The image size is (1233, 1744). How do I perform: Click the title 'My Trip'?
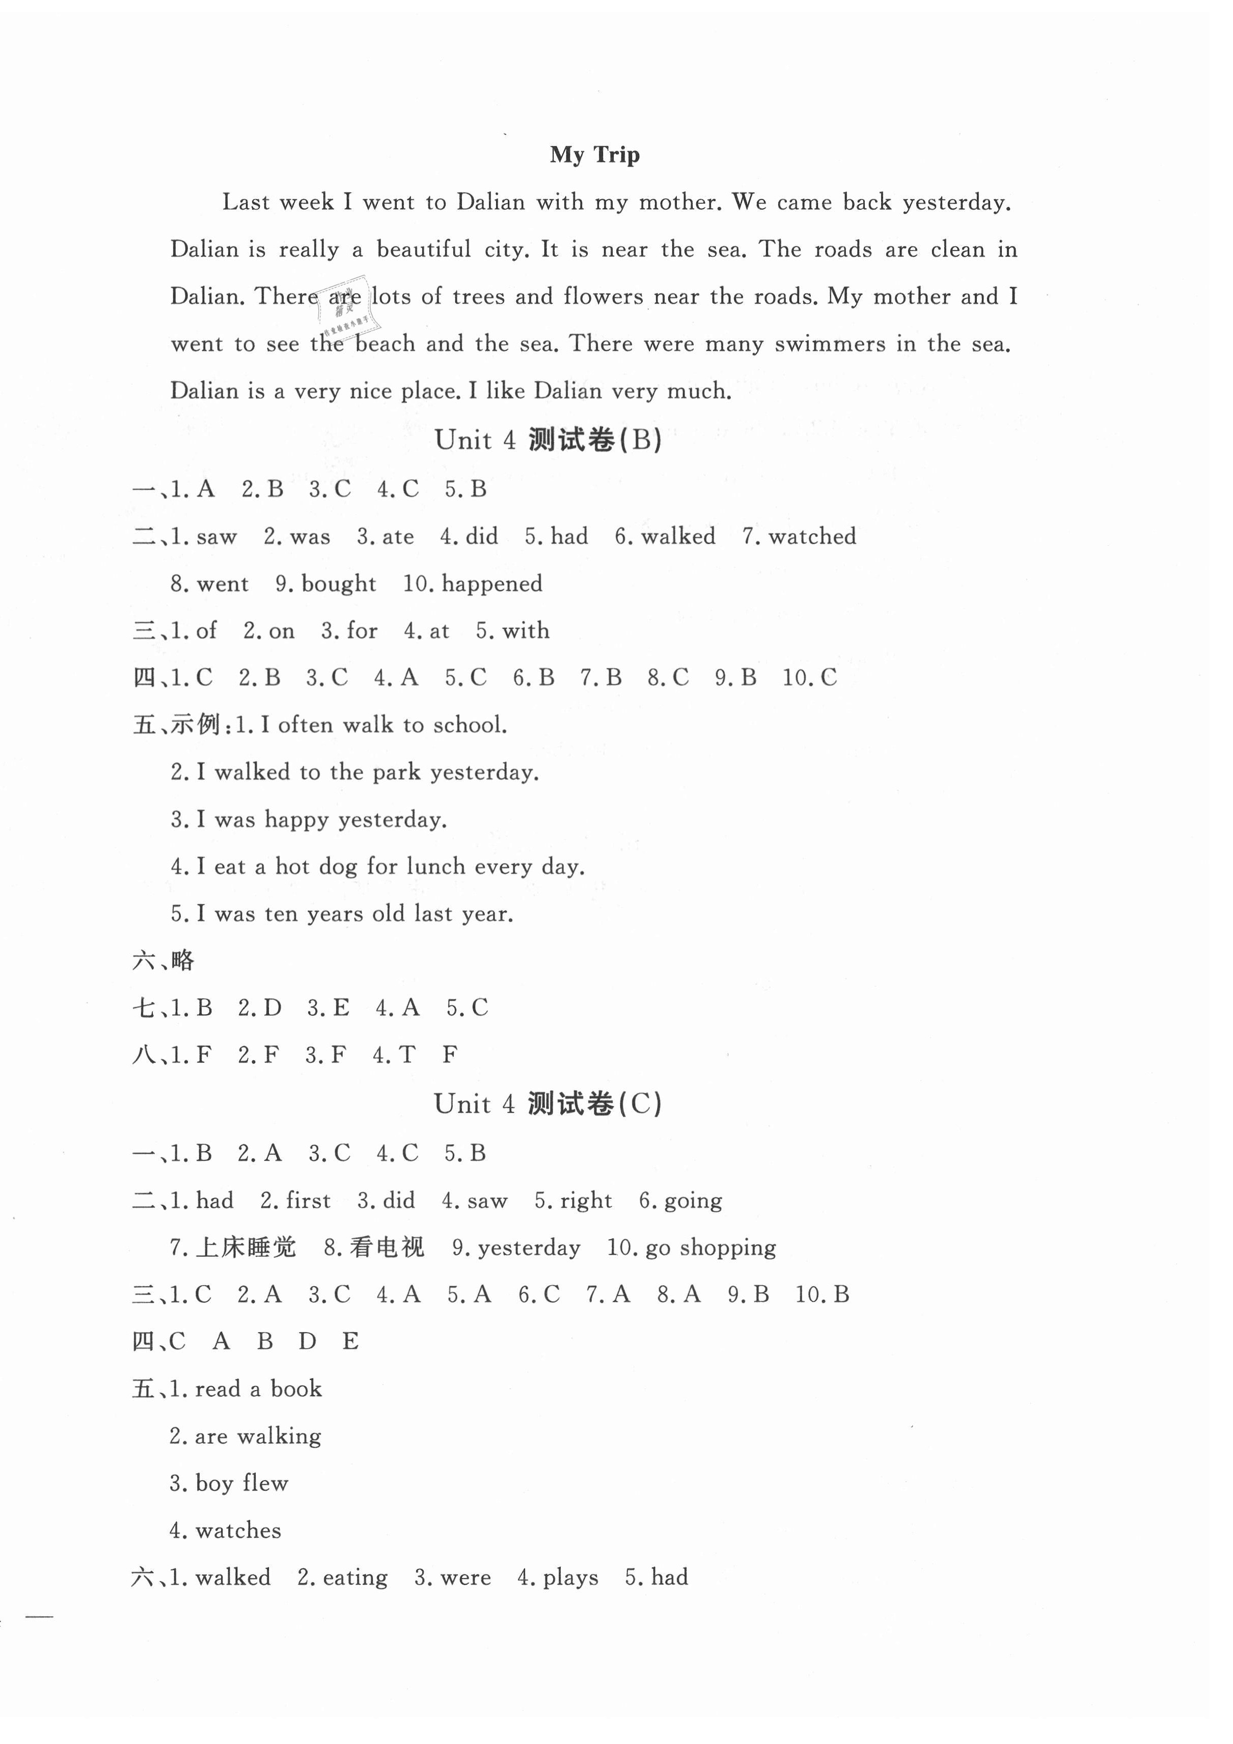(x=595, y=155)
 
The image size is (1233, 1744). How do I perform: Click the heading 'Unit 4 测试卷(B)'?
(x=548, y=440)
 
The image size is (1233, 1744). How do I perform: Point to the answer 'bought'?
(x=338, y=584)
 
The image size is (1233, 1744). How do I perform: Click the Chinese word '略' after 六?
(x=183, y=961)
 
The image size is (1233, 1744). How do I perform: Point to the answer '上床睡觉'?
(x=246, y=1247)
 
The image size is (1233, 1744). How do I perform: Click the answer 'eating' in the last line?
(x=355, y=1577)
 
